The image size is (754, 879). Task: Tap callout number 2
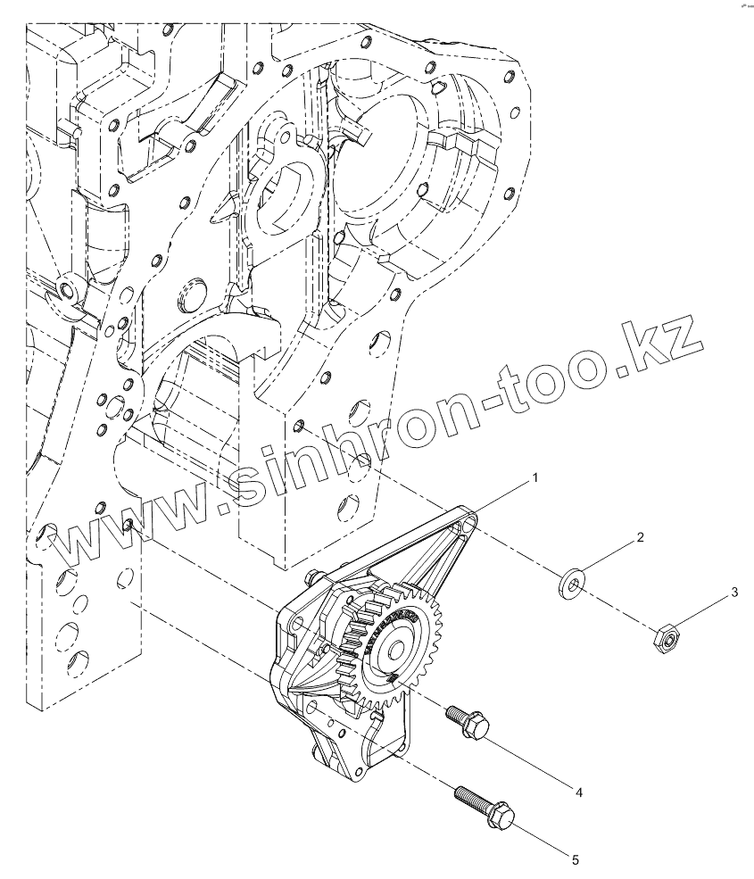click(640, 539)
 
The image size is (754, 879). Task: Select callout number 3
click(733, 593)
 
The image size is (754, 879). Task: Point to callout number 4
click(578, 792)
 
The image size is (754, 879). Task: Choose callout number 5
click(576, 859)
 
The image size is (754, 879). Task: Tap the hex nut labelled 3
click(665, 637)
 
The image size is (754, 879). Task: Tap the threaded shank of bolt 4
click(454, 713)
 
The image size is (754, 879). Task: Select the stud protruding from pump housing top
click(313, 575)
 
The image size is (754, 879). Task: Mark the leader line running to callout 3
click(705, 611)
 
